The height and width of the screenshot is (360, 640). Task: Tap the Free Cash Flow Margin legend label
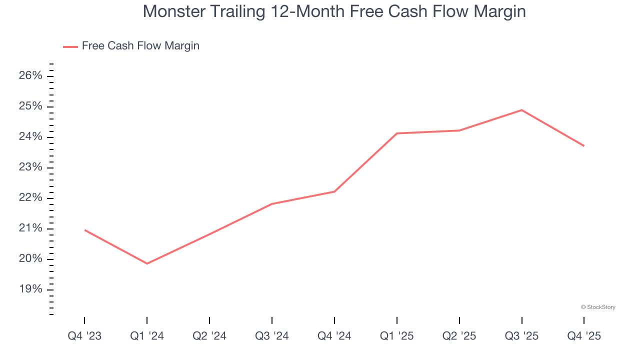click(140, 46)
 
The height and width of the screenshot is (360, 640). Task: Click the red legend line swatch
click(70, 46)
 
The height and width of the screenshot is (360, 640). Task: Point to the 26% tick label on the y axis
click(31, 76)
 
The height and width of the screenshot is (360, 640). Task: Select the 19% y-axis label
click(31, 290)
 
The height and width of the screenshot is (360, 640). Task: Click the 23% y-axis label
click(31, 167)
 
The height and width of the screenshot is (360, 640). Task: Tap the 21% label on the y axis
click(31, 228)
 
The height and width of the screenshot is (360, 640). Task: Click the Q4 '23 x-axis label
click(84, 336)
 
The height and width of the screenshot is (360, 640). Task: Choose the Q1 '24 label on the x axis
click(147, 336)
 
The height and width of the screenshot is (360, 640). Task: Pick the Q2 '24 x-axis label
click(209, 336)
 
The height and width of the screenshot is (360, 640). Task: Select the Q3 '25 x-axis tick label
click(522, 336)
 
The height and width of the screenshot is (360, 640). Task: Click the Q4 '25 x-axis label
click(584, 336)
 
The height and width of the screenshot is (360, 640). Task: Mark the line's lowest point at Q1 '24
click(147, 263)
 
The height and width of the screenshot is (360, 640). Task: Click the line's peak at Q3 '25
click(522, 110)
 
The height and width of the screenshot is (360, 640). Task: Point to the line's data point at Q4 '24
click(334, 191)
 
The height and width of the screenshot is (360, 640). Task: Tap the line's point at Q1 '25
click(397, 133)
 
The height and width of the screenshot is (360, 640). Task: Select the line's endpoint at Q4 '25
click(584, 146)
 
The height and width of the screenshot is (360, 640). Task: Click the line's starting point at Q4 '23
click(85, 230)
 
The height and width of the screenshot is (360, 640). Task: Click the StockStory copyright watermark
click(598, 307)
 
